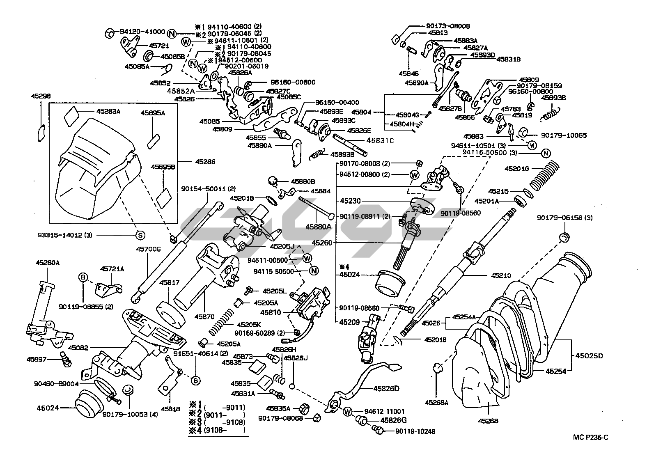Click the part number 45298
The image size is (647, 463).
pos(41,96)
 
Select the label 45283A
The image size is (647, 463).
pos(108,111)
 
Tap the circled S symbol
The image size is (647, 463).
pos(140,235)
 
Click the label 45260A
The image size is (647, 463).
pos(48,263)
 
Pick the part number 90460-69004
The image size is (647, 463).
pos(57,383)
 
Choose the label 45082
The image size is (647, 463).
pos(78,348)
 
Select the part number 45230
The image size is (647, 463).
pos(350,201)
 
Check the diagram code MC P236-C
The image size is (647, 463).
pos(591,438)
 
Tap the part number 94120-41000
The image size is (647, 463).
pos(142,32)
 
